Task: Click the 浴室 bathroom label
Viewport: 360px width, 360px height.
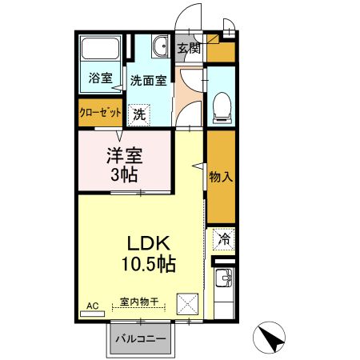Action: click(100, 80)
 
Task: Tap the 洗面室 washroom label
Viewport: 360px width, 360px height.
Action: click(149, 80)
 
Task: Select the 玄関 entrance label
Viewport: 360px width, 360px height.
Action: click(188, 47)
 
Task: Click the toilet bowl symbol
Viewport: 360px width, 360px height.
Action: click(222, 107)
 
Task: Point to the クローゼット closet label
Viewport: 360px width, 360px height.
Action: click(98, 112)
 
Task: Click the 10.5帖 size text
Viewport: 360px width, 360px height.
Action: click(150, 262)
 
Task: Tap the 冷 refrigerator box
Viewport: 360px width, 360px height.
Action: click(225, 238)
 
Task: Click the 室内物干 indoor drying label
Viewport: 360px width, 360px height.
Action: click(141, 302)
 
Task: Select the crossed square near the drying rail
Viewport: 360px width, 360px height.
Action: click(189, 303)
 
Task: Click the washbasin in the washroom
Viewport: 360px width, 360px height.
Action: click(160, 47)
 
